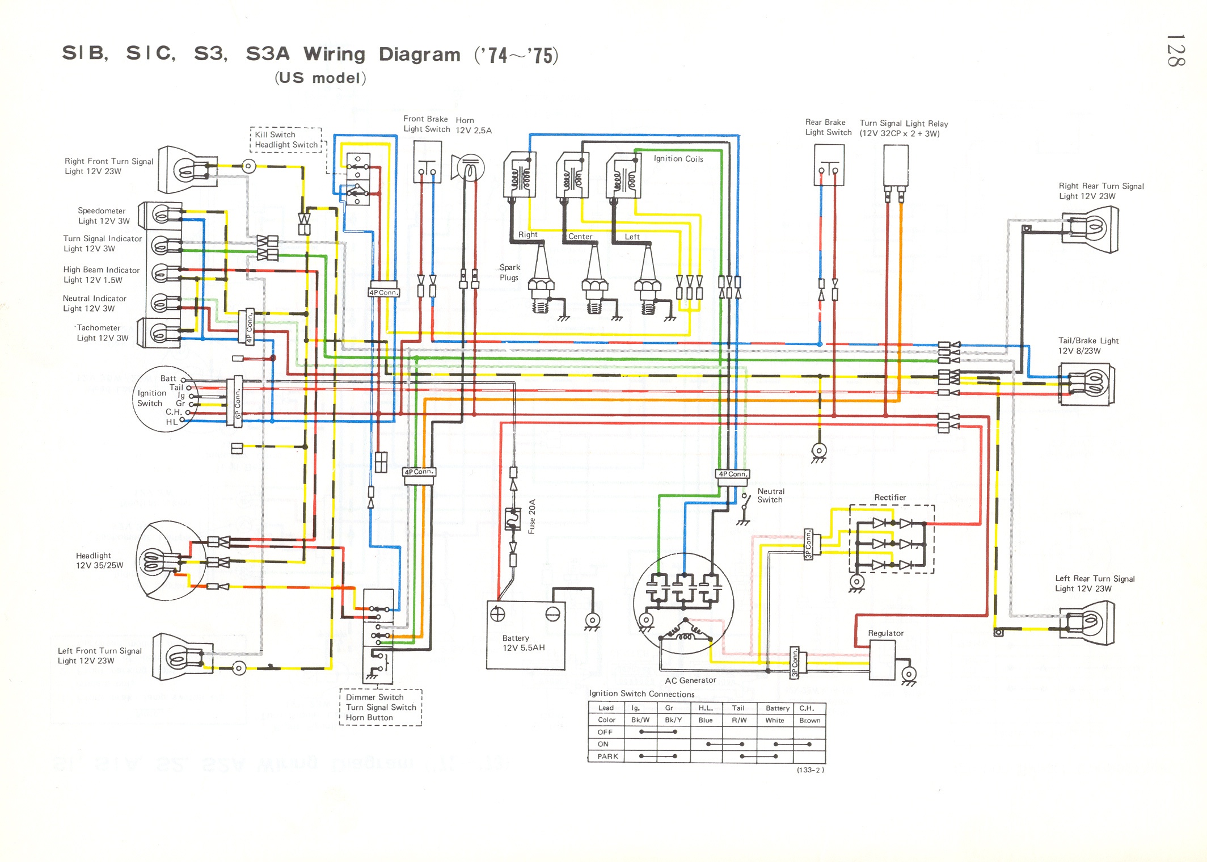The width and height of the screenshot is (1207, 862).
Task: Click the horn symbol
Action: (469, 168)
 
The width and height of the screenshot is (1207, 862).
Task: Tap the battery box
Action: (525, 635)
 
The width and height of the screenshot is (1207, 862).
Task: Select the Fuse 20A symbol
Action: (513, 519)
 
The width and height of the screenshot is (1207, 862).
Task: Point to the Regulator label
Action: (885, 633)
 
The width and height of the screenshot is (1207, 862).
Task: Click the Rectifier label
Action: (890, 498)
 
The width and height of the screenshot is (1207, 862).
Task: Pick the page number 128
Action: (1175, 51)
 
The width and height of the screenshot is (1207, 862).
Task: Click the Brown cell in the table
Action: (809, 721)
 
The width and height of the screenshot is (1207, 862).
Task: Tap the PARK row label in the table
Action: (607, 756)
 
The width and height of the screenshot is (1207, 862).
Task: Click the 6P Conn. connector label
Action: (238, 403)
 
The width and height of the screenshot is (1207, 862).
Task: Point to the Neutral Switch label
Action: (770, 495)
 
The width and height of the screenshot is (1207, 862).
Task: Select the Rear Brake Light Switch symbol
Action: (829, 165)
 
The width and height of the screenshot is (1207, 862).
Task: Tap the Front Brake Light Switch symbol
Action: (427, 162)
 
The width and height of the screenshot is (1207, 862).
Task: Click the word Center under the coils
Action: (580, 237)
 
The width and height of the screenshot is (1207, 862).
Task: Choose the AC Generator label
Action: (690, 680)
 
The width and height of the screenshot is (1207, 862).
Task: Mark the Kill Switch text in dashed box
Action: (275, 134)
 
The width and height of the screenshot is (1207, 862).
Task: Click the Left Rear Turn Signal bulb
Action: (1089, 623)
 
